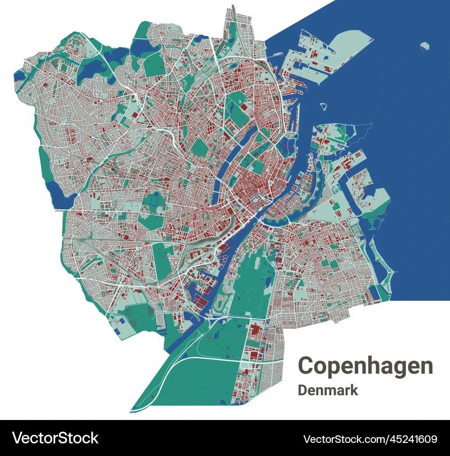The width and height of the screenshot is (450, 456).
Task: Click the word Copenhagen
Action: tap(365, 366)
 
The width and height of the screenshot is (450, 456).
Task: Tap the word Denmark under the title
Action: tap(328, 390)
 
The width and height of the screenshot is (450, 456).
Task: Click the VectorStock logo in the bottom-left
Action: tap(55, 438)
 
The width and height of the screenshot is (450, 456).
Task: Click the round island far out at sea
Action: tap(425, 46)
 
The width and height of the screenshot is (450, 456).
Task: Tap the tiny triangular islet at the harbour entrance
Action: tap(323, 106)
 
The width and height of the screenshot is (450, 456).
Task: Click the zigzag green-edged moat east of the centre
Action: tap(315, 198)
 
